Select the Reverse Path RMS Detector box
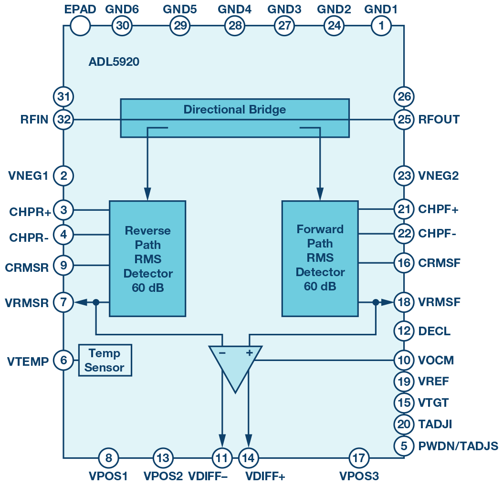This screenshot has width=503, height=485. click(x=147, y=258)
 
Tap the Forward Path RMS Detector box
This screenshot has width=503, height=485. click(x=320, y=258)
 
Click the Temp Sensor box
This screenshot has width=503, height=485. click(x=105, y=361)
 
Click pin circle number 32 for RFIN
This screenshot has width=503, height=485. click(x=63, y=119)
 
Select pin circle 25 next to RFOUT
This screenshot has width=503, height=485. click(x=404, y=119)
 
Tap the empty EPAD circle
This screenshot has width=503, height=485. click(x=80, y=26)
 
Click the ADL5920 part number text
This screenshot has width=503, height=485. click(x=114, y=62)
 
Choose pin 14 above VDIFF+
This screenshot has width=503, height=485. click(x=248, y=459)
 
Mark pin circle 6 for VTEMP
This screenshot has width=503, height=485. click(x=63, y=361)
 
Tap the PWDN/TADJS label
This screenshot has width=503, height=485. click(x=458, y=446)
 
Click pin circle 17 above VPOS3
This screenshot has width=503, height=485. click(x=358, y=459)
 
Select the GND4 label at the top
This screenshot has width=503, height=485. click(x=235, y=9)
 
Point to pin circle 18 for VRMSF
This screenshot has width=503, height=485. click(x=404, y=302)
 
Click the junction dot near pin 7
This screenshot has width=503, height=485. click(x=96, y=302)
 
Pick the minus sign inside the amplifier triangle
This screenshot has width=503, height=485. click(x=222, y=353)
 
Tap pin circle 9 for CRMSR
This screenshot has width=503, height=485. click(x=63, y=265)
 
